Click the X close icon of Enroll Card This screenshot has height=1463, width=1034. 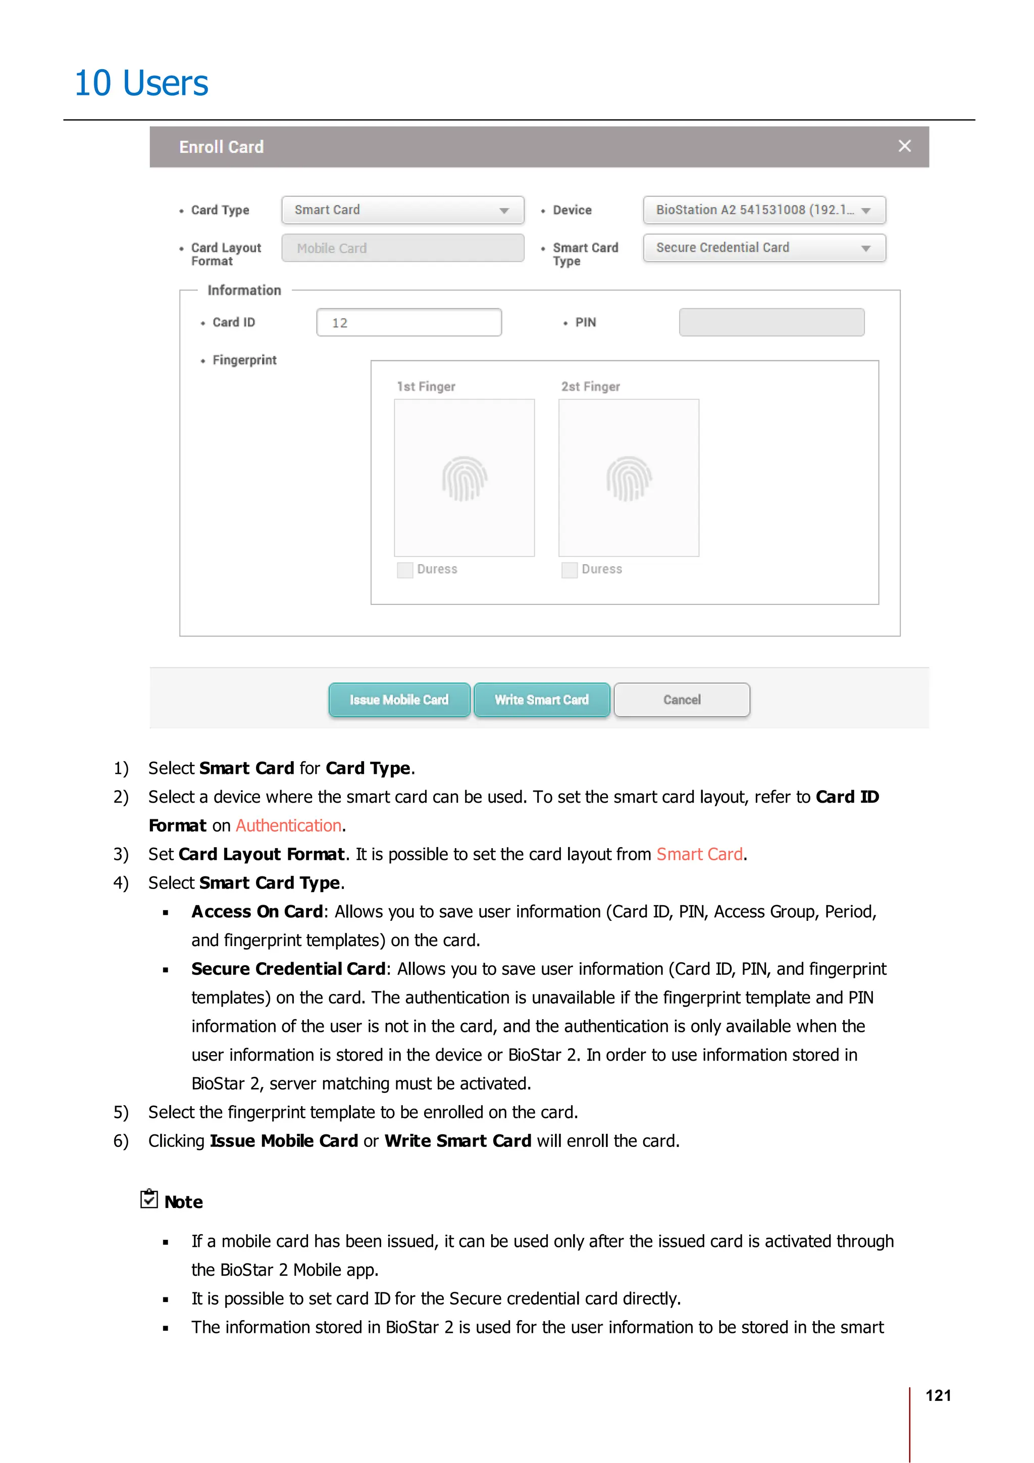coord(904,146)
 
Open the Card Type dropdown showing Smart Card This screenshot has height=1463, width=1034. coord(402,210)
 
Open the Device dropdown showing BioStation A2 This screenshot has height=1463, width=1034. coord(764,210)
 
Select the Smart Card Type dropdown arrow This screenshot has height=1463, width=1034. coord(865,248)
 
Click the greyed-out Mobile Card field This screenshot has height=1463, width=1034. coord(402,248)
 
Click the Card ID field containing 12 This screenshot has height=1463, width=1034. coord(408,323)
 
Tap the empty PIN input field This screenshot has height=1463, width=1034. coord(771,323)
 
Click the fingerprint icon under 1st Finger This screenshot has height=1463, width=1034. coord(464,478)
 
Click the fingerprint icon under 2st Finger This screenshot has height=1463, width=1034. coord(629,478)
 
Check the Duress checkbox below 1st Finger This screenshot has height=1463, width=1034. coord(404,569)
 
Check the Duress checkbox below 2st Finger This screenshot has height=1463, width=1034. coord(569,569)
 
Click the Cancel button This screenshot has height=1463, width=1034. coord(681,700)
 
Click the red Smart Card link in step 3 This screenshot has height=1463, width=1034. coord(700,855)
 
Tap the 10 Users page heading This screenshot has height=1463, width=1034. coord(141,83)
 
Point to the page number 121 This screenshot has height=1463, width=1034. coord(938,1395)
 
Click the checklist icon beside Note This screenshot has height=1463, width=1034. coord(149,1198)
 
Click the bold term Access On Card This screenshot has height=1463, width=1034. coord(257,912)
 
